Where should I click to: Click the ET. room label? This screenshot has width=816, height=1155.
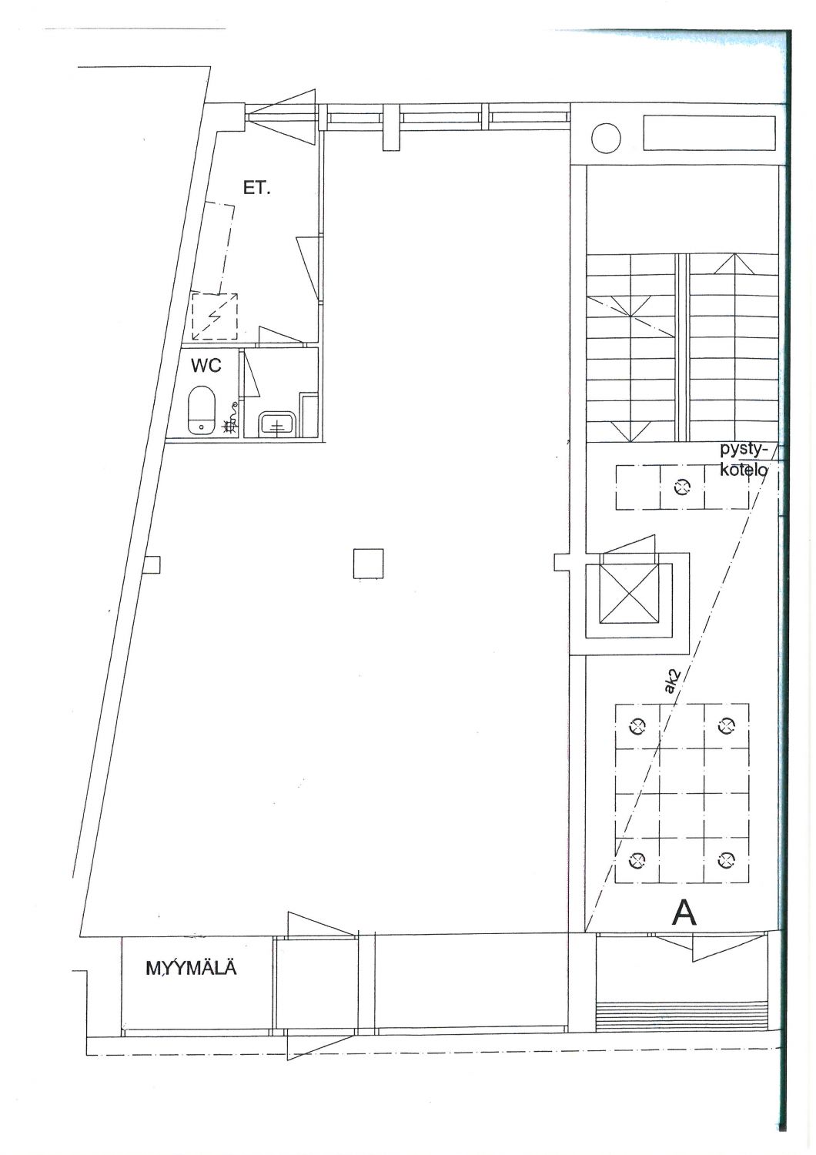(x=256, y=189)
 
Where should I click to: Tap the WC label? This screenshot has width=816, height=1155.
(x=206, y=366)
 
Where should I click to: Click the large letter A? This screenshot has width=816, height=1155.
(x=684, y=914)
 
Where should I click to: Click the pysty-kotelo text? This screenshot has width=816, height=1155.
(x=744, y=460)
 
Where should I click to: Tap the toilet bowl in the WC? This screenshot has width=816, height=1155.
(x=202, y=410)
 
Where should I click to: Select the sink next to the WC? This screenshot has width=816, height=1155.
(x=278, y=423)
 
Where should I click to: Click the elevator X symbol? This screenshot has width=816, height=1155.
(x=630, y=594)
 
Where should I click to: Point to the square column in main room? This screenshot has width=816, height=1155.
(x=368, y=564)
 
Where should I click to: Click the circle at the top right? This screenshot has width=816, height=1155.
(x=606, y=138)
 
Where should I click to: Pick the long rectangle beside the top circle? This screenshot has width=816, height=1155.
(x=709, y=133)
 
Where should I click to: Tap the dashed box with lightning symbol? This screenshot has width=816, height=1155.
(x=215, y=316)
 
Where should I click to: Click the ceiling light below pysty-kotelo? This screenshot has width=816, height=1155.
(x=682, y=486)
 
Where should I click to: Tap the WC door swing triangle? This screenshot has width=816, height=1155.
(x=251, y=373)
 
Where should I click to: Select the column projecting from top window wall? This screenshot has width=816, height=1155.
(x=391, y=127)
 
